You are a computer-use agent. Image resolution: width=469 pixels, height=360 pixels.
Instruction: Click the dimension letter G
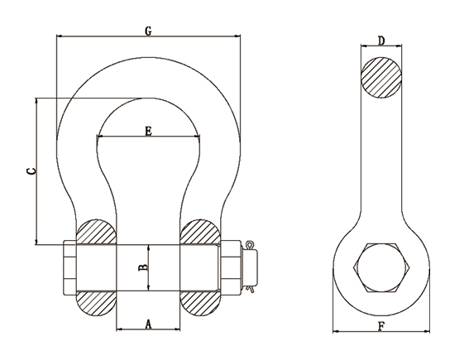click(x=148, y=31)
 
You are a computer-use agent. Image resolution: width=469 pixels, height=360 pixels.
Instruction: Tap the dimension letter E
click(x=148, y=131)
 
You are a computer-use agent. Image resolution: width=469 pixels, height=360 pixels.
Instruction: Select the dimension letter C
click(x=31, y=171)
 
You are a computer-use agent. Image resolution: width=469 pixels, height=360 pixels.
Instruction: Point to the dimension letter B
click(x=143, y=267)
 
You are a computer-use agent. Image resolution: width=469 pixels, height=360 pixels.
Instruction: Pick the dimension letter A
click(x=148, y=324)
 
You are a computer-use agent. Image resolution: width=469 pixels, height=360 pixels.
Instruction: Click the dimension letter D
click(x=381, y=41)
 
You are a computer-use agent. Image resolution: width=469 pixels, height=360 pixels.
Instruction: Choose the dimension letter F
click(x=381, y=327)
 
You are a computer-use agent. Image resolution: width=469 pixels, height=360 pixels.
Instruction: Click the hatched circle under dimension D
click(x=381, y=78)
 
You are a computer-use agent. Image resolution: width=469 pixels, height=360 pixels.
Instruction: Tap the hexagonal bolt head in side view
click(x=381, y=267)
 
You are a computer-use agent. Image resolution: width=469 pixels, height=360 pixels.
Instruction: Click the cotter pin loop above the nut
click(x=249, y=246)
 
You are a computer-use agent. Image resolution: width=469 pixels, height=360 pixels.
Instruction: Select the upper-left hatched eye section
click(x=96, y=232)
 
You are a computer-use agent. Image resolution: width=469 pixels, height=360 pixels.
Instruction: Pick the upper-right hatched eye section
click(x=200, y=232)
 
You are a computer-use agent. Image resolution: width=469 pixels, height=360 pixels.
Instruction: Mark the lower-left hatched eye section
click(x=96, y=303)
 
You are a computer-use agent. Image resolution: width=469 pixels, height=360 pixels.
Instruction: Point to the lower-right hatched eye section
click(x=200, y=303)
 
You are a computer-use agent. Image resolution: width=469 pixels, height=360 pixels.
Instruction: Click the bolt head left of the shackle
click(x=69, y=267)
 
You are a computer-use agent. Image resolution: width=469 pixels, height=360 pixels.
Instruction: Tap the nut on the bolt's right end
click(x=231, y=267)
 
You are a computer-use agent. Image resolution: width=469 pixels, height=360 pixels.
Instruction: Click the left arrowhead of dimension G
click(x=60, y=36)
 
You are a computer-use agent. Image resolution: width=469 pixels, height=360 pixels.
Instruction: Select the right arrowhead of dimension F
click(x=427, y=331)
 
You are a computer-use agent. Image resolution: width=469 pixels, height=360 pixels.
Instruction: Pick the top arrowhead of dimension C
click(x=36, y=100)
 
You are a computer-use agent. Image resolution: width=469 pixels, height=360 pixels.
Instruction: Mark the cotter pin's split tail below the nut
click(x=250, y=289)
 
